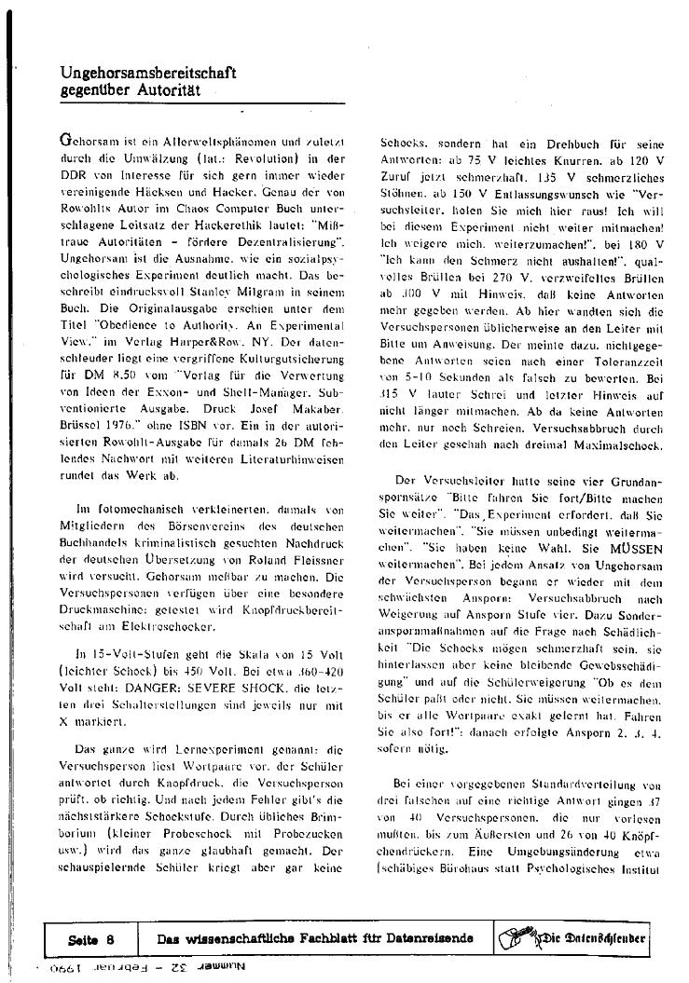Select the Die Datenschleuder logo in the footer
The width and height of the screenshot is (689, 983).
coord(572,937)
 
